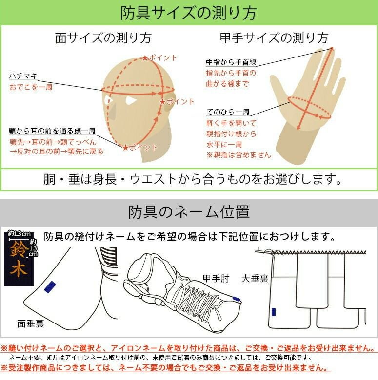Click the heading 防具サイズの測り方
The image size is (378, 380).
(x=188, y=13)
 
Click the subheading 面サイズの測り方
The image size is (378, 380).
(x=103, y=38)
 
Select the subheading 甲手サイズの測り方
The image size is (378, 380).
(x=273, y=38)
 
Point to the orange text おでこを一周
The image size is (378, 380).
(x=31, y=87)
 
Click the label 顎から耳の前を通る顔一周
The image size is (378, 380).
(x=52, y=131)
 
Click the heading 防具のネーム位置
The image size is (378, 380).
(x=188, y=212)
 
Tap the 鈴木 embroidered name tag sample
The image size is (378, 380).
(x=19, y=258)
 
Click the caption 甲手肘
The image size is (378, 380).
(x=216, y=278)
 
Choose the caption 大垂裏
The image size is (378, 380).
(x=255, y=278)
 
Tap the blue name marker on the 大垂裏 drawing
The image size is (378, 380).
(x=273, y=311)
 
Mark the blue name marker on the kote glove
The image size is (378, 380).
(x=237, y=299)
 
